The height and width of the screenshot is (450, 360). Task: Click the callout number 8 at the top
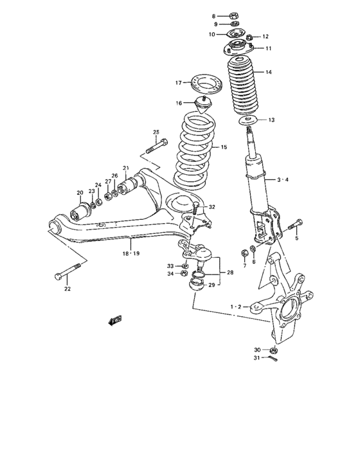214,15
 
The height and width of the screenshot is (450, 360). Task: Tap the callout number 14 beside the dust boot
269,73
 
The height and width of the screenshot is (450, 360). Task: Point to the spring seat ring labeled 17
203,83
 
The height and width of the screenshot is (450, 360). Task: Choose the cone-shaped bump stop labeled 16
204,104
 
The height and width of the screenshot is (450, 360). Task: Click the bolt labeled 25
158,146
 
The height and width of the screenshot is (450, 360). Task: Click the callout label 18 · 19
130,253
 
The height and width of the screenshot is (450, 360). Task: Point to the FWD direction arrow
115,319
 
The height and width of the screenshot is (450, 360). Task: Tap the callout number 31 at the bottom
257,358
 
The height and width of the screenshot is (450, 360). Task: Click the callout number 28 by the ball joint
231,273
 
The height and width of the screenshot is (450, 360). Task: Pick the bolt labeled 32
195,206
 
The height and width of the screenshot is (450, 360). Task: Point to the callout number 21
126,168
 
